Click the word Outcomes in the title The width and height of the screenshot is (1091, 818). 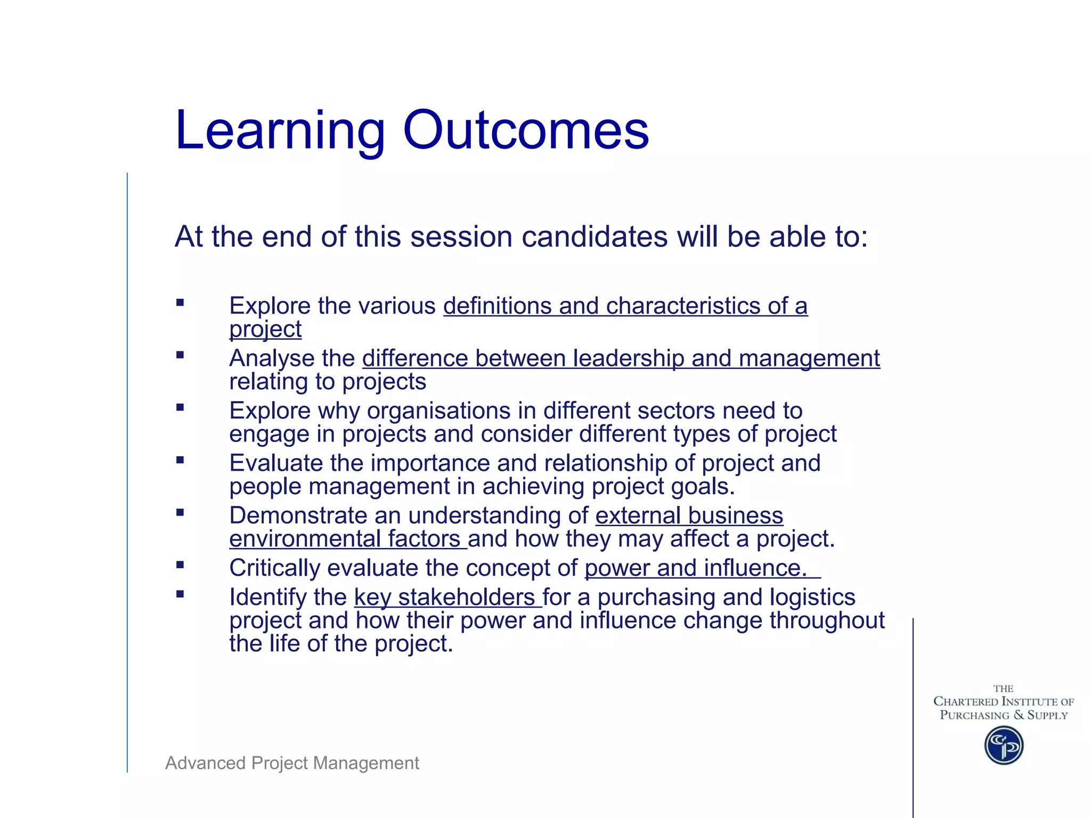pyautogui.click(x=526, y=130)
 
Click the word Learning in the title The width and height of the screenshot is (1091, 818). pyautogui.click(x=280, y=130)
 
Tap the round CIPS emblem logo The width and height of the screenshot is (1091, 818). pyautogui.click(x=1004, y=745)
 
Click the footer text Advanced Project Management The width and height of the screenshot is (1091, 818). pyautogui.click(x=292, y=763)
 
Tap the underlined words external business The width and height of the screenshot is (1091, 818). pyautogui.click(x=689, y=516)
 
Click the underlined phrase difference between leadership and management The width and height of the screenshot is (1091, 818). pyautogui.click(x=621, y=358)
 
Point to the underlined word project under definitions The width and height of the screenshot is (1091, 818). pyautogui.click(x=265, y=330)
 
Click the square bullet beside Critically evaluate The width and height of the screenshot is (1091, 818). pyautogui.click(x=180, y=565)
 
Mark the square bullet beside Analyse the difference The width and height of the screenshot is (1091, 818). pyautogui.click(x=180, y=355)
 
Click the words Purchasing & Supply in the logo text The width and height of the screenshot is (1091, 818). pyautogui.click(x=1004, y=715)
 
